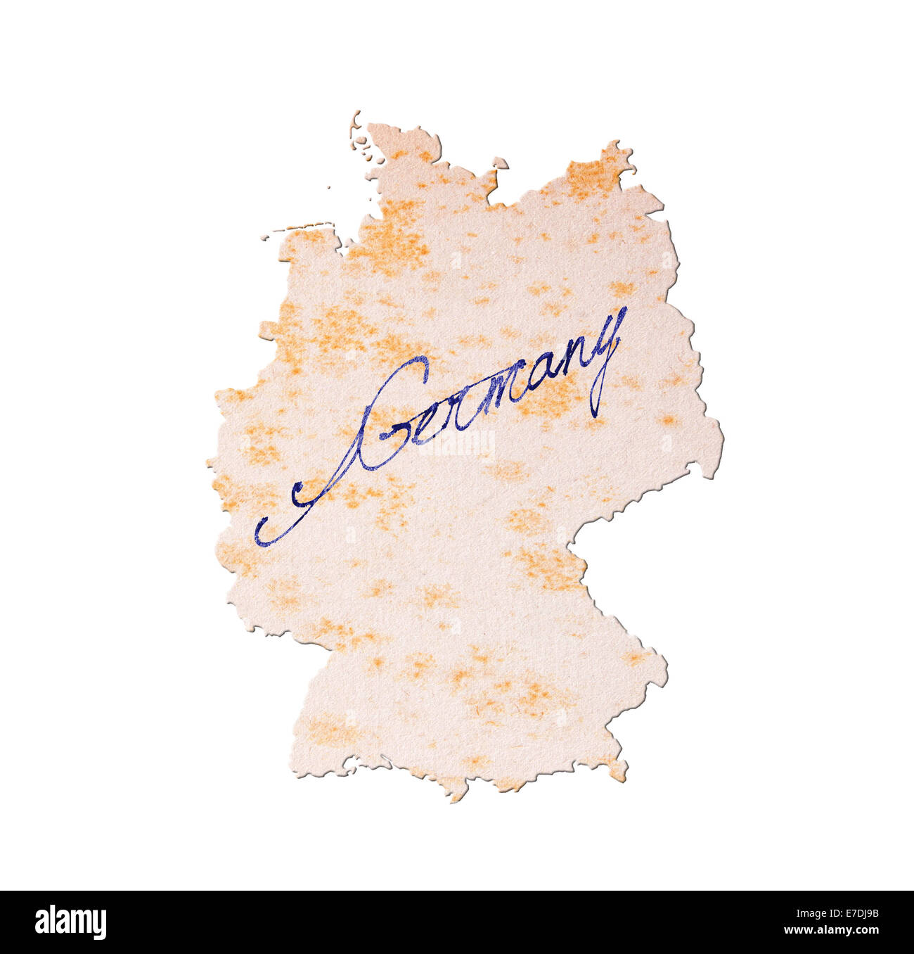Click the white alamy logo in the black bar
(70, 922)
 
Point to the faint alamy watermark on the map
(458, 443)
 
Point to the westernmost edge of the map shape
(210, 464)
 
